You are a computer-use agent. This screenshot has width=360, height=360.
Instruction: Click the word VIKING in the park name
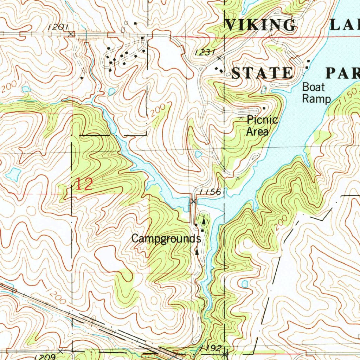coord(261,25)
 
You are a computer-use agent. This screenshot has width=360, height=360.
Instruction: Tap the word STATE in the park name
coord(262,73)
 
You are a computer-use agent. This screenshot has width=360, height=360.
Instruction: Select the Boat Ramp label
coord(316,92)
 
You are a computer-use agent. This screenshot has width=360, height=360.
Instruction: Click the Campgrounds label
coord(166,239)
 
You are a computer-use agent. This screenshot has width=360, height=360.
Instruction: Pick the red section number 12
coord(84,184)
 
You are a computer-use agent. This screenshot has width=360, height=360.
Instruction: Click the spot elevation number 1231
coord(205,52)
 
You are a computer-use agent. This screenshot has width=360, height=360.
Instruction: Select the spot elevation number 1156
coord(210,192)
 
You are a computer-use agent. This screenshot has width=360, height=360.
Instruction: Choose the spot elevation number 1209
coord(45,356)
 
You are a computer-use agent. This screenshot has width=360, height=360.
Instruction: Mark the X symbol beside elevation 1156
coord(193,201)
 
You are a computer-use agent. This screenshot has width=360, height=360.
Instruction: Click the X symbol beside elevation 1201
coord(71,34)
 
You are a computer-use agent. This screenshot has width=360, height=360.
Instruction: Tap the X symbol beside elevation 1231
coord(220,58)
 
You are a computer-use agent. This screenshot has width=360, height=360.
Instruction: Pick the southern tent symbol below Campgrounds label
coord(197,251)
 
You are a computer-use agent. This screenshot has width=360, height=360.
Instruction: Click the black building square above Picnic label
coord(264,108)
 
